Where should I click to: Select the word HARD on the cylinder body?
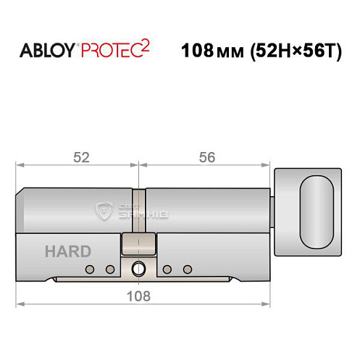68,252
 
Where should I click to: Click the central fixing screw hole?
138,271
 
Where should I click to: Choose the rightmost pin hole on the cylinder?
187,270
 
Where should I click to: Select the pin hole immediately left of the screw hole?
110,270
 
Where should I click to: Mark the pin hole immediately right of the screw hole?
167,270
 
